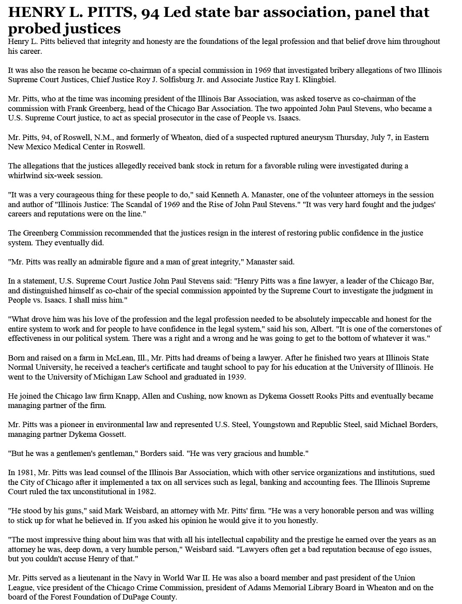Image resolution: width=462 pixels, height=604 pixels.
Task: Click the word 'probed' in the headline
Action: [x=33, y=29]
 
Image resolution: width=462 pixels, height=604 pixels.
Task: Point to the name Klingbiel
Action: [x=319, y=80]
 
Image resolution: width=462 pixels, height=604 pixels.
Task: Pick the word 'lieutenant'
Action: [x=93, y=578]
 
